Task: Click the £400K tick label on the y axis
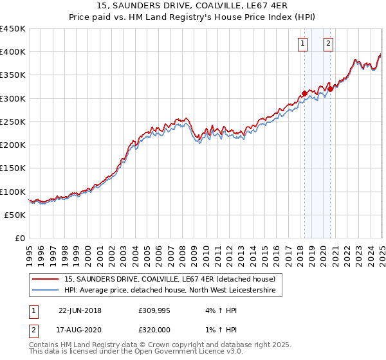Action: [13, 52]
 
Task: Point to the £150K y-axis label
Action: [13, 168]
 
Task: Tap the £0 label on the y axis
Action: [19, 239]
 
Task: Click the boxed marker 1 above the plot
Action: [302, 44]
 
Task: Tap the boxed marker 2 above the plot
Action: [328, 44]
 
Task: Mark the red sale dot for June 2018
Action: [304, 94]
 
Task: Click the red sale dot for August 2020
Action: [330, 89]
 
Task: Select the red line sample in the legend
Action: [45, 279]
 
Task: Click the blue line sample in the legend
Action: [45, 291]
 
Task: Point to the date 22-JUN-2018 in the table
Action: [80, 310]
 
